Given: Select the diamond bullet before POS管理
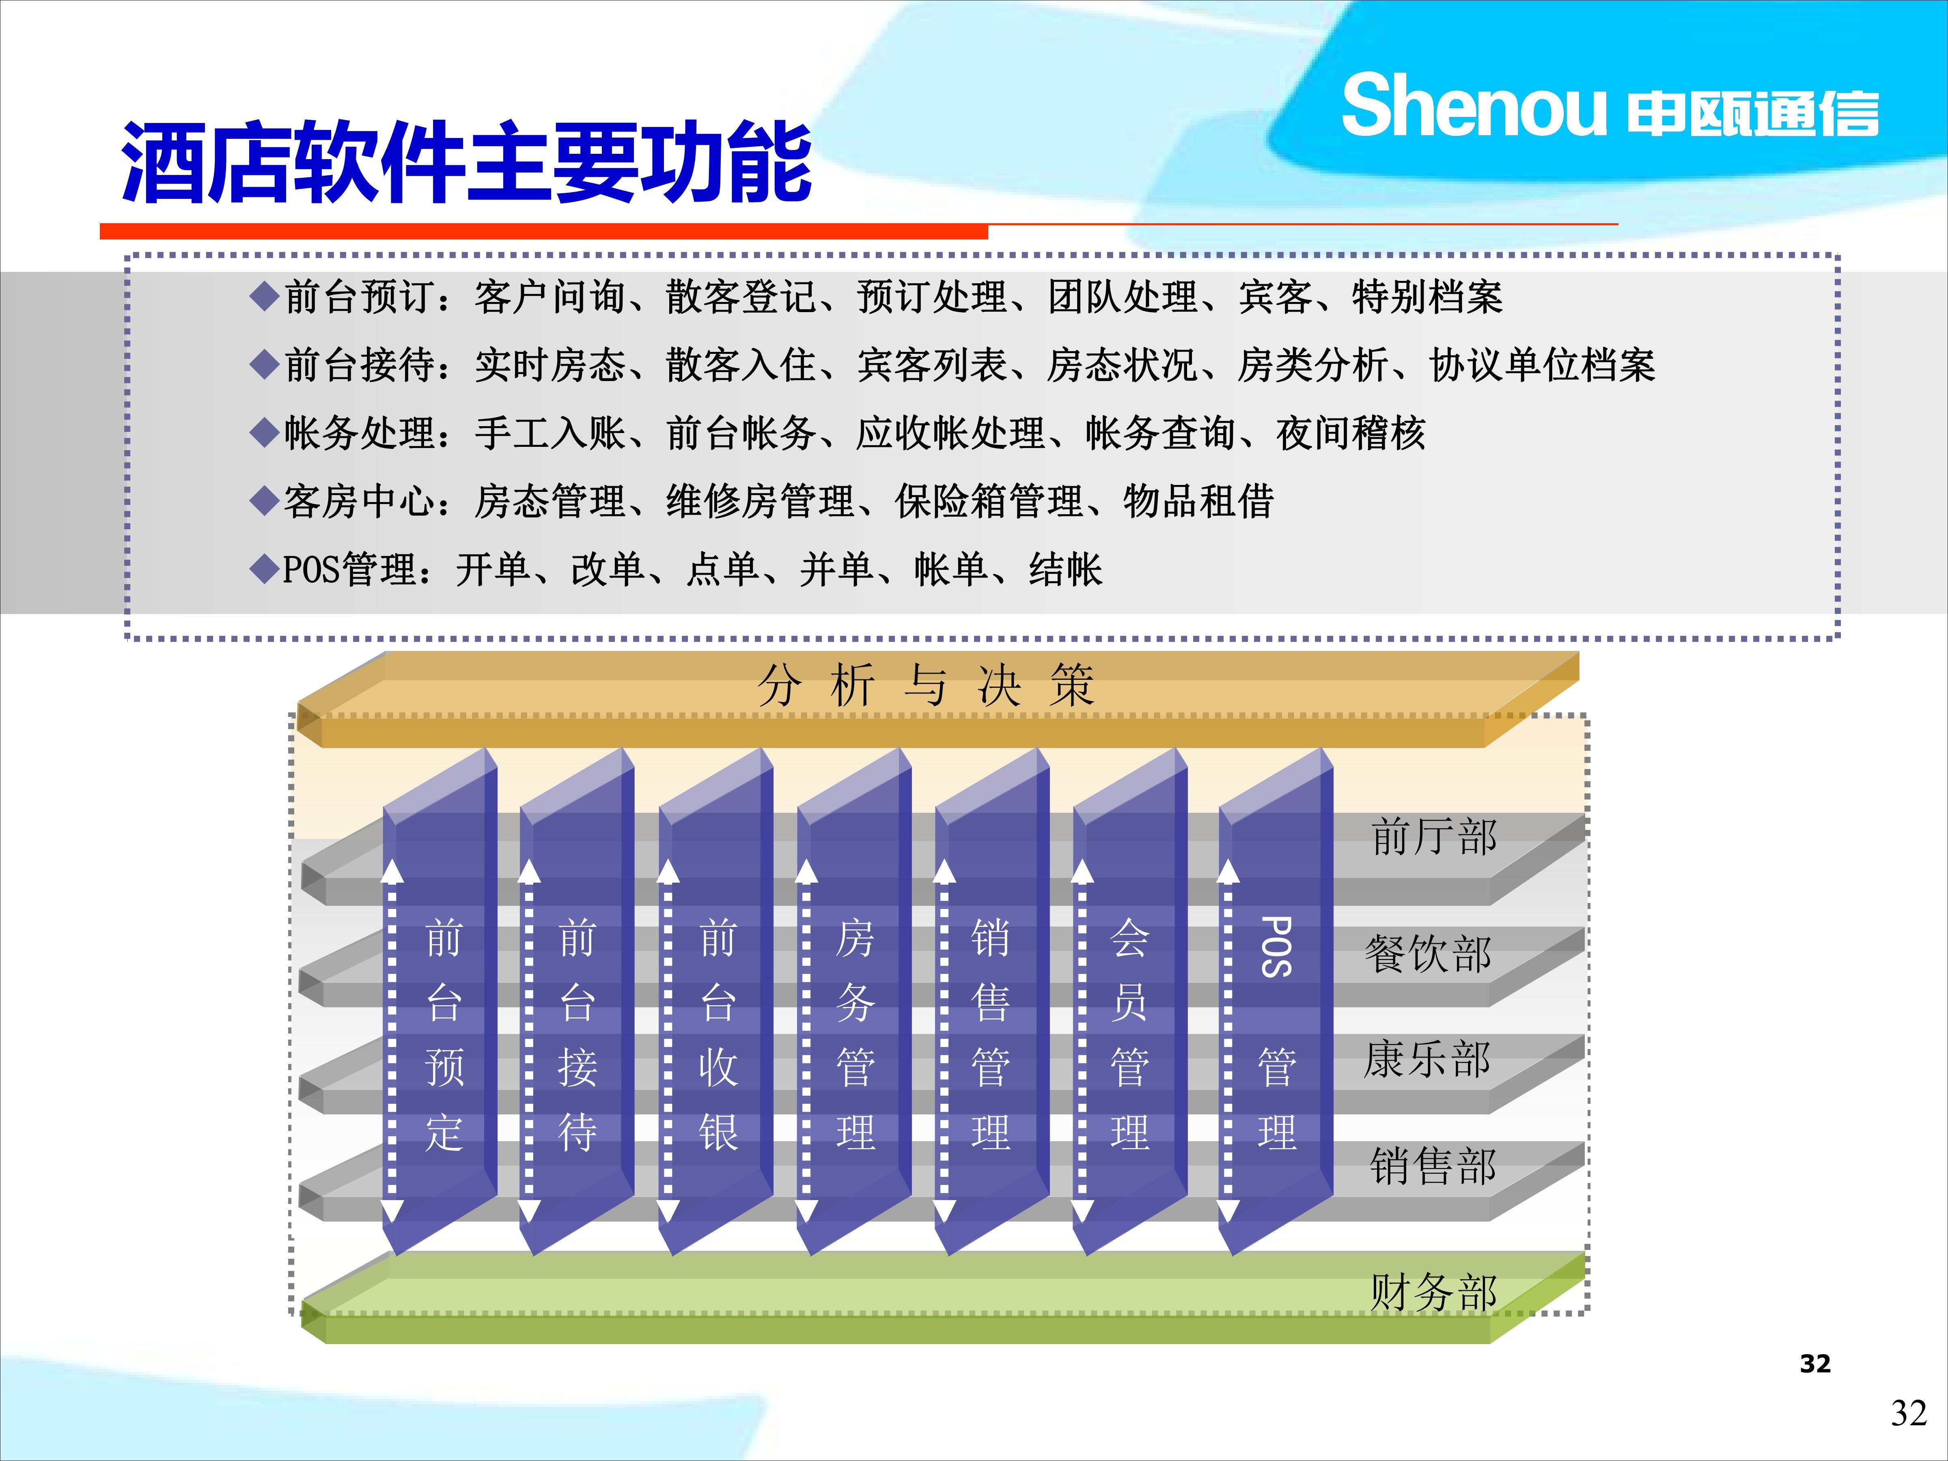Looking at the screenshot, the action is pyautogui.click(x=264, y=570).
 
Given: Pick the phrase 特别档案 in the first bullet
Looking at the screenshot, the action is pyautogui.click(x=1428, y=297).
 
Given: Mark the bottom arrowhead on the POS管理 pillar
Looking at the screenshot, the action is pyautogui.click(x=1228, y=1211).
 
